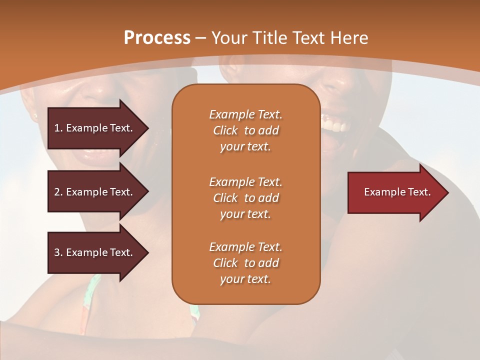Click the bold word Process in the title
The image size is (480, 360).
coord(157,38)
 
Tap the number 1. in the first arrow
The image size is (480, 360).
coord(58,128)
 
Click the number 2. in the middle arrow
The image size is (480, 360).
coord(58,192)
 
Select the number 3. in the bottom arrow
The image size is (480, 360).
coord(58,252)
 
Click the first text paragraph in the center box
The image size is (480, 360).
coord(245,130)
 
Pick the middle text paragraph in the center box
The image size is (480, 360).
coord(245,198)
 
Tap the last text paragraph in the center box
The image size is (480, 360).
coord(245,263)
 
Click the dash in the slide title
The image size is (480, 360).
coord(201,38)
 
